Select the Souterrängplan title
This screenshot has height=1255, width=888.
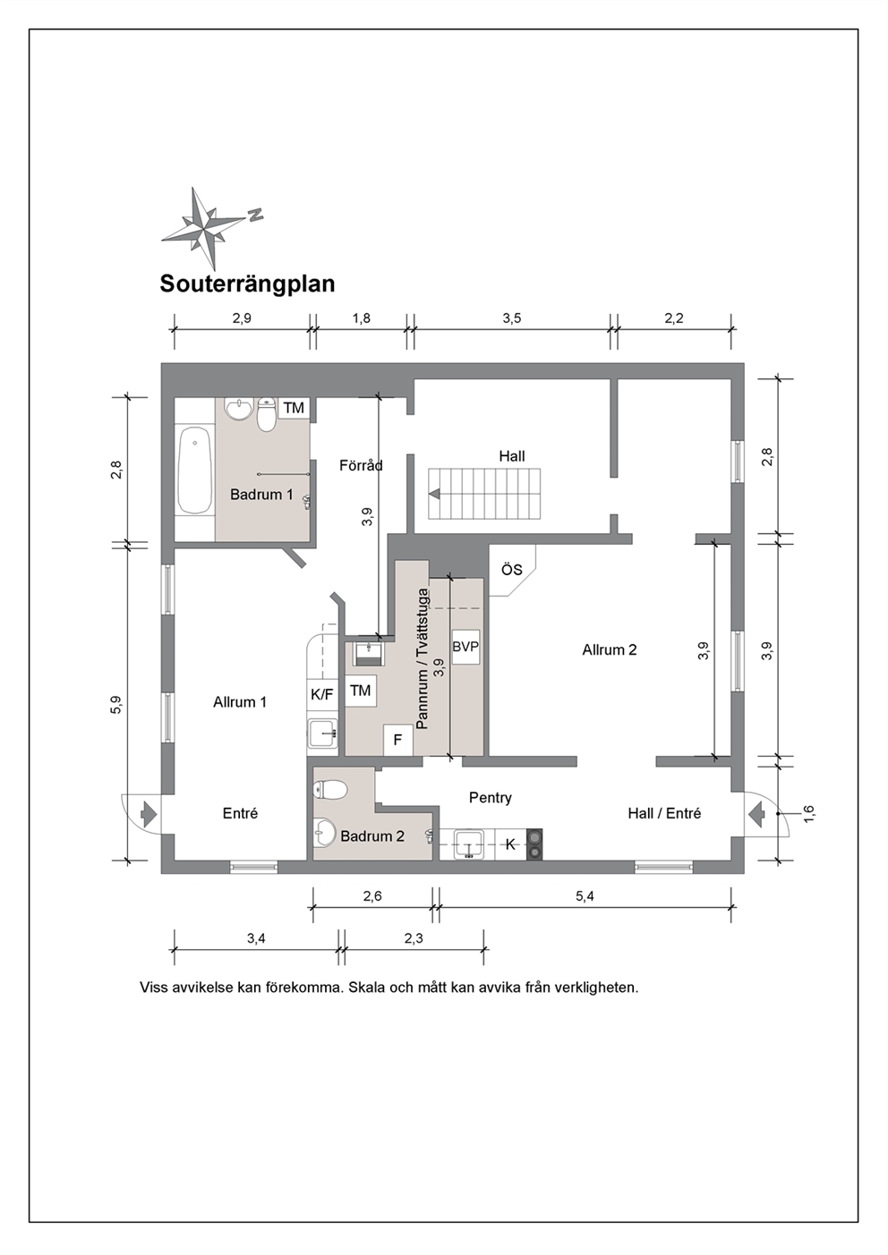pos(247,284)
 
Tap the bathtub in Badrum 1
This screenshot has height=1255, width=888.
pos(194,470)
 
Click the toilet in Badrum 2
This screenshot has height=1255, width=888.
pos(331,791)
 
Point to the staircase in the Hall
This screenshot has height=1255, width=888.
pos(484,494)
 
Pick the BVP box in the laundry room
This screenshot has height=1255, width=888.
pos(465,647)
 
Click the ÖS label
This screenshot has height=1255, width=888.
pos(511,570)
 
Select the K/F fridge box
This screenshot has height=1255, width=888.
pos(321,695)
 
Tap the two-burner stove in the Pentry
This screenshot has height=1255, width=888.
pos(534,844)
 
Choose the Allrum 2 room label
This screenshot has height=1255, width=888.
pos(610,650)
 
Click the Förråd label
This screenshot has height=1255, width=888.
pos(361,465)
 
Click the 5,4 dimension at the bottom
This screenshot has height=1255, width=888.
pos(585,896)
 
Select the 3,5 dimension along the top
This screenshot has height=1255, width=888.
pos(512,318)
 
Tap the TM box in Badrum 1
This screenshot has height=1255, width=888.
pos(294,408)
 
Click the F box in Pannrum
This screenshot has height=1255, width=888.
pos(398,740)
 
